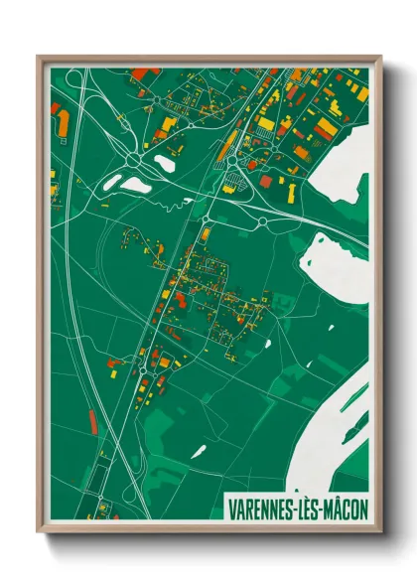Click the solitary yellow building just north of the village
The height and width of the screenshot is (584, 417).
[x=206, y=234]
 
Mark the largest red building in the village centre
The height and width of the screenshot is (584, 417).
[x=180, y=295]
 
